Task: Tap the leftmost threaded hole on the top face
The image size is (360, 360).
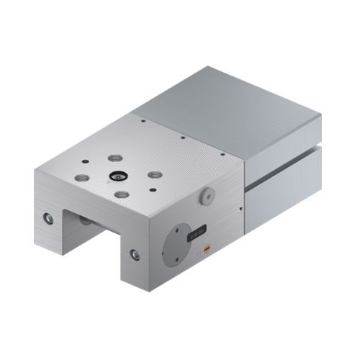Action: coord(82,176)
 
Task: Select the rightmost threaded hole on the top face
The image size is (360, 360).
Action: coord(155,174)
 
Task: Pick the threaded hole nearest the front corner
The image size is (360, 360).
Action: coord(122,194)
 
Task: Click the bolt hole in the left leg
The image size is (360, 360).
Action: coord(48,217)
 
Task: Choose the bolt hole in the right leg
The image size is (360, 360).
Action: coord(135,253)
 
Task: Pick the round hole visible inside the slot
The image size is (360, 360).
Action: coord(86,220)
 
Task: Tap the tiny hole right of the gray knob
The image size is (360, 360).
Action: coord(241,210)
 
